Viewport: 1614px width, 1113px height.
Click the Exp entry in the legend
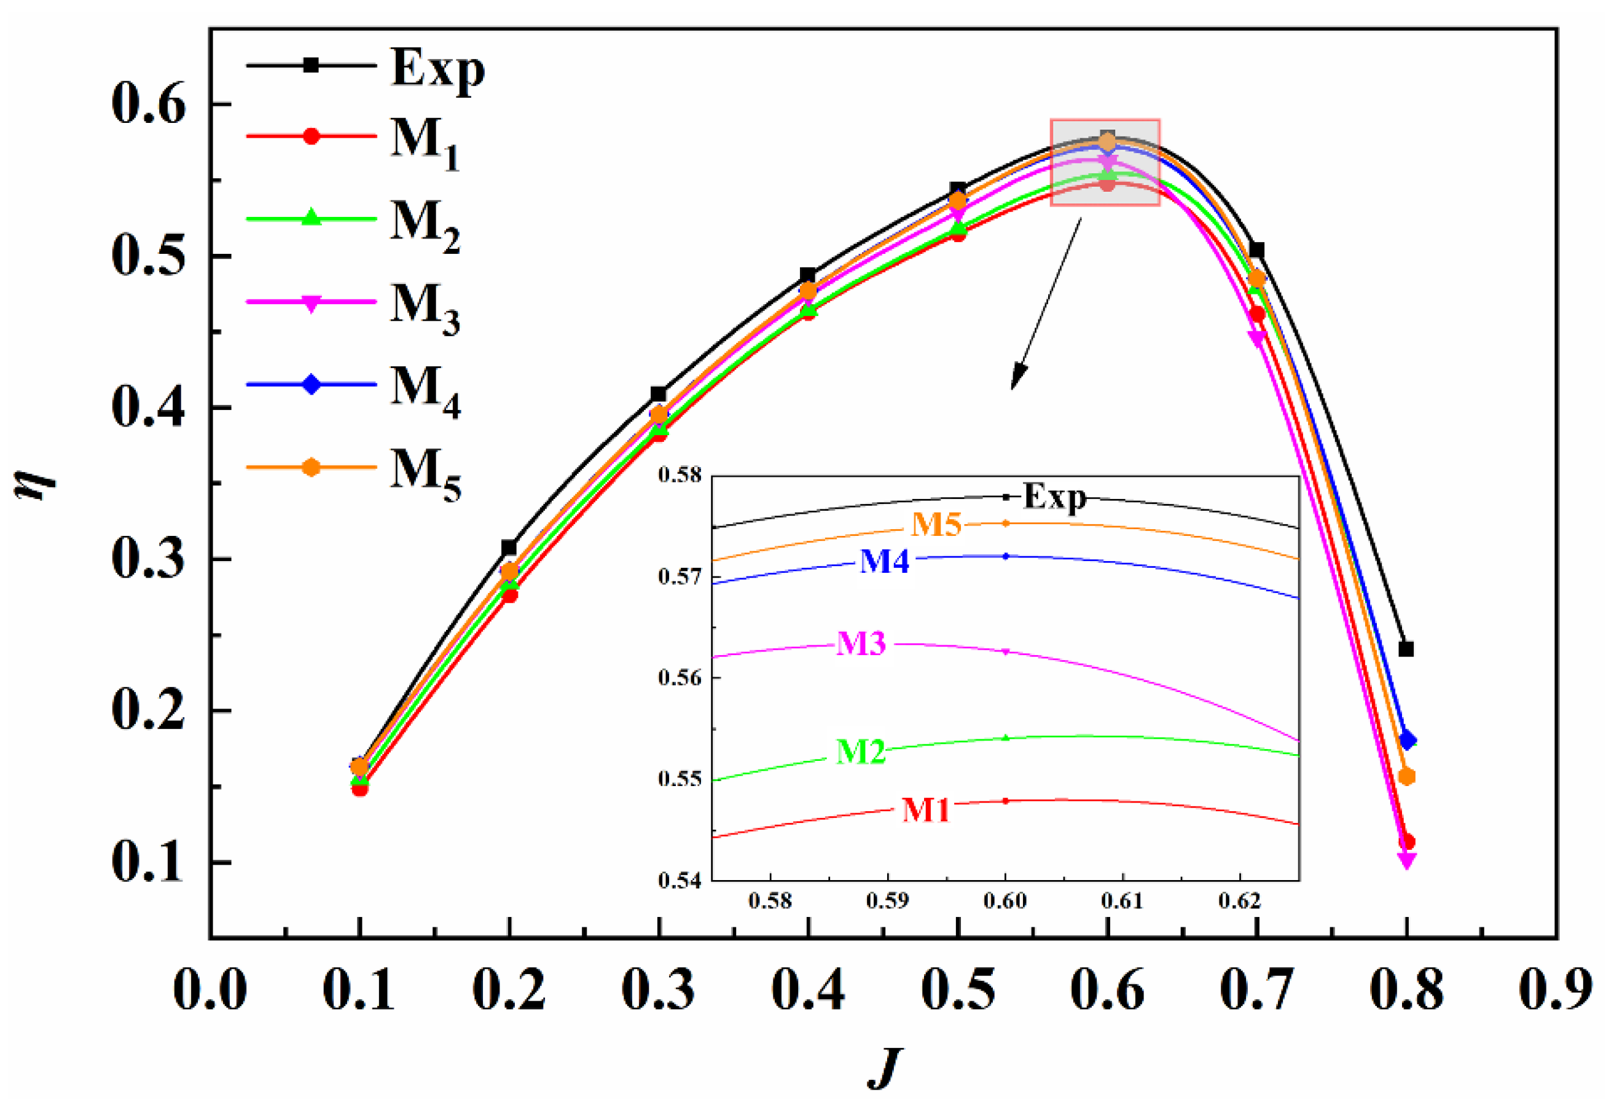[x=436, y=68]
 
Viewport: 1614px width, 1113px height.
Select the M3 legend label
[x=424, y=305]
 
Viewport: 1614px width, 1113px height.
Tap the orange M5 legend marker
[x=311, y=467]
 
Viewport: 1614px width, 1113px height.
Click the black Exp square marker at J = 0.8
[x=1406, y=649]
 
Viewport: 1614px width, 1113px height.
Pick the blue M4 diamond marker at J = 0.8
[x=1408, y=740]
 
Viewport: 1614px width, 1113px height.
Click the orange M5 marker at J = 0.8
[x=1407, y=777]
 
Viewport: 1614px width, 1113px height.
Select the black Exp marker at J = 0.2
[x=509, y=548]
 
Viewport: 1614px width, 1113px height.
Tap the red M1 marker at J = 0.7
[x=1257, y=315]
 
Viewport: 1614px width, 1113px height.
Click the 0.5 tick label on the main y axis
[x=149, y=256]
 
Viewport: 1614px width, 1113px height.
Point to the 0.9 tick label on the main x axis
[x=1556, y=989]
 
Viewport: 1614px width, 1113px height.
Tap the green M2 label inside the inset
[x=860, y=752]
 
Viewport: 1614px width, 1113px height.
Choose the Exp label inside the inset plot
[x=1054, y=497]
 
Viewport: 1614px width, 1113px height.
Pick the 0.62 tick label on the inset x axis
[x=1240, y=900]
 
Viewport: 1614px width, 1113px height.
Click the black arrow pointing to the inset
[x=1045, y=305]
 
